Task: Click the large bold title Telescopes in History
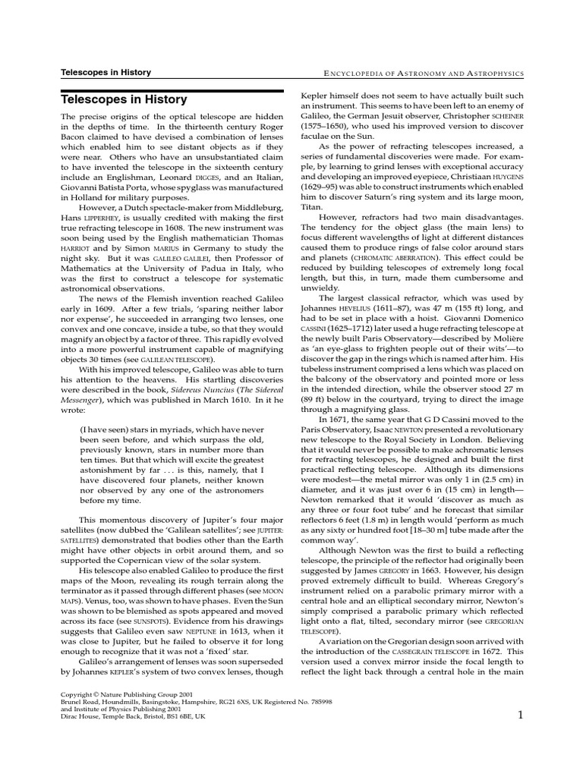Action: [123, 99]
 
